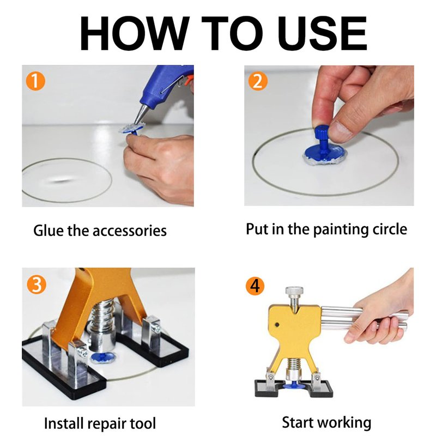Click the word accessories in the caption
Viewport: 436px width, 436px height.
point(129,231)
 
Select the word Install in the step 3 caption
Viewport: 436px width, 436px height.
point(64,423)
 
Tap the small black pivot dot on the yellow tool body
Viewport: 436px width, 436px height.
point(277,324)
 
